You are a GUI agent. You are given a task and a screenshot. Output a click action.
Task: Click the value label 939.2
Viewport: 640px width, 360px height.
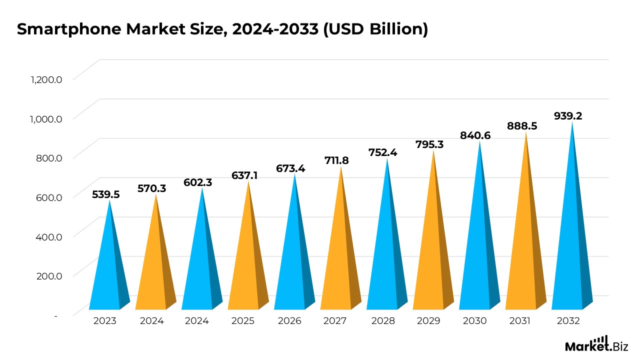point(568,116)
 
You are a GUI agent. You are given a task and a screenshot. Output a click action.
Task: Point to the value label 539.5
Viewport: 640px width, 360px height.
point(105,194)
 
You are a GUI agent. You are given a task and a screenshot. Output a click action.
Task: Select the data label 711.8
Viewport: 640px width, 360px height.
point(337,160)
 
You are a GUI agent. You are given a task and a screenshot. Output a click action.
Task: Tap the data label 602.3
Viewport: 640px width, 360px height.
point(198,182)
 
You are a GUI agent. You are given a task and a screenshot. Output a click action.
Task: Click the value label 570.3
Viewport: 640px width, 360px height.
point(152,188)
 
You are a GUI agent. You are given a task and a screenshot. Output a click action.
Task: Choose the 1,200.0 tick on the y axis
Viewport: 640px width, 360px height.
point(46,79)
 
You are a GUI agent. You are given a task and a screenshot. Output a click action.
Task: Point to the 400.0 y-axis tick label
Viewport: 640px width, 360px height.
point(48,236)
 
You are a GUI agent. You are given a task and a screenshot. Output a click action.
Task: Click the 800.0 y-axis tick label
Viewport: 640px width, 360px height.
point(48,157)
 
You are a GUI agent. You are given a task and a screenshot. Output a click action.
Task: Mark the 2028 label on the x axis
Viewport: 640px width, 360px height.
point(383,321)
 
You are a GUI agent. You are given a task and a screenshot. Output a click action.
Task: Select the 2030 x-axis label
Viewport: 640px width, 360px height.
point(474,321)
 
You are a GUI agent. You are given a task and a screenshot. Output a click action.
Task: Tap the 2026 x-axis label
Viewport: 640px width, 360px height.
point(289,321)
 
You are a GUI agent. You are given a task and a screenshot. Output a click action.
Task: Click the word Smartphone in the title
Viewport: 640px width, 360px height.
point(65,29)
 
